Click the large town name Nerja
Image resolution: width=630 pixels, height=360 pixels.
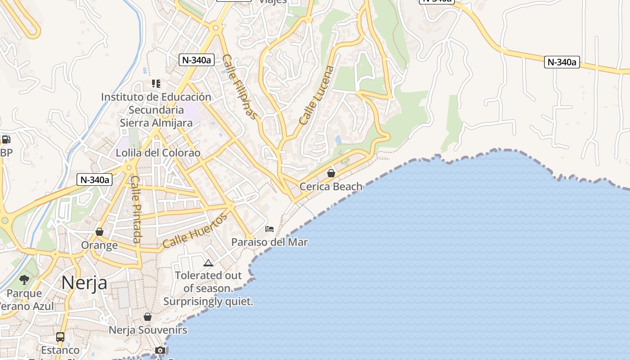pyautogui.click(x=84, y=283)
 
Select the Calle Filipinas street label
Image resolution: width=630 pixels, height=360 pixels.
pyautogui.click(x=241, y=87)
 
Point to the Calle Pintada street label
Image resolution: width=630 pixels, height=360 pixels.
pyautogui.click(x=136, y=209)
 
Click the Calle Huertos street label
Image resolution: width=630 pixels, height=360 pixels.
pyautogui.click(x=195, y=231)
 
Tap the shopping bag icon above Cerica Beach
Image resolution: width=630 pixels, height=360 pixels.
pyautogui.click(x=331, y=173)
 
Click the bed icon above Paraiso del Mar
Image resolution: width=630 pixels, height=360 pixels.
pyautogui.click(x=270, y=229)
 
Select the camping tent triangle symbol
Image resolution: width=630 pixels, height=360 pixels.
pyautogui.click(x=208, y=263)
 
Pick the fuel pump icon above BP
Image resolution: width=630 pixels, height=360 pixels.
pyautogui.click(x=6, y=139)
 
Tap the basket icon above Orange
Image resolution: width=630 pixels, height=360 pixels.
pyautogui.click(x=99, y=232)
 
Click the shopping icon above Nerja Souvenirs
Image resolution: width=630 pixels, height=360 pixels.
pyautogui.click(x=148, y=317)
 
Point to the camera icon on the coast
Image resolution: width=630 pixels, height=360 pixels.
pyautogui.click(x=160, y=350)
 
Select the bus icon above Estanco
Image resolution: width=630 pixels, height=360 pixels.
pyautogui.click(x=60, y=337)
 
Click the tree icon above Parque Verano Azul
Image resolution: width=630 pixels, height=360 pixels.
pyautogui.click(x=24, y=280)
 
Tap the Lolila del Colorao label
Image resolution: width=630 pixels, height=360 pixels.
pyautogui.click(x=158, y=153)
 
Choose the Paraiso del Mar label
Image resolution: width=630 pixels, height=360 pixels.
pyautogui.click(x=270, y=242)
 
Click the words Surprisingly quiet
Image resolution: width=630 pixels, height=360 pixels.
pyautogui.click(x=208, y=301)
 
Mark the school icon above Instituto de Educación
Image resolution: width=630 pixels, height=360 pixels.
pyautogui.click(x=156, y=83)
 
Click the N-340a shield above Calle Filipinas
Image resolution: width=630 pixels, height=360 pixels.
pyautogui.click(x=196, y=60)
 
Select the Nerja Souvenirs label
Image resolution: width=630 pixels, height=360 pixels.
pyautogui.click(x=148, y=330)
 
